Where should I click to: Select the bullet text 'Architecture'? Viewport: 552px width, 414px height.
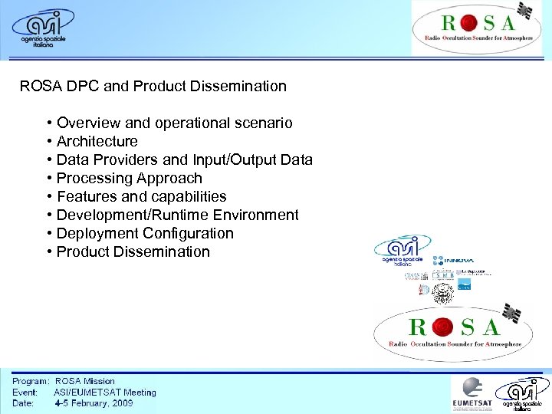97,141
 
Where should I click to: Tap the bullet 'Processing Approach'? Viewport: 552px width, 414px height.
129,178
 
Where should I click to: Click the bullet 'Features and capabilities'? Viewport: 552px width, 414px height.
141,196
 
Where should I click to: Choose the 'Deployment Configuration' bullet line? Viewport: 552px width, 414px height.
145,233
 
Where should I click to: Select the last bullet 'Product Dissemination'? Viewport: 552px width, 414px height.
133,251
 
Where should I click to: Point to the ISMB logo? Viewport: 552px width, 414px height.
443,274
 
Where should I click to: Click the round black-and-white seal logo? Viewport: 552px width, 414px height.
442,292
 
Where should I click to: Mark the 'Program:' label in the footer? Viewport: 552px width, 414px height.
31,381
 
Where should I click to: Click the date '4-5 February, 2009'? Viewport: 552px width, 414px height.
93,402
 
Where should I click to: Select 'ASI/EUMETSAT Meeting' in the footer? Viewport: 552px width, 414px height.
104,392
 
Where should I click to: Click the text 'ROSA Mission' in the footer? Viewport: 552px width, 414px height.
84,381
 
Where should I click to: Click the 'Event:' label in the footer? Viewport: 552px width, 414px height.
25,392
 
